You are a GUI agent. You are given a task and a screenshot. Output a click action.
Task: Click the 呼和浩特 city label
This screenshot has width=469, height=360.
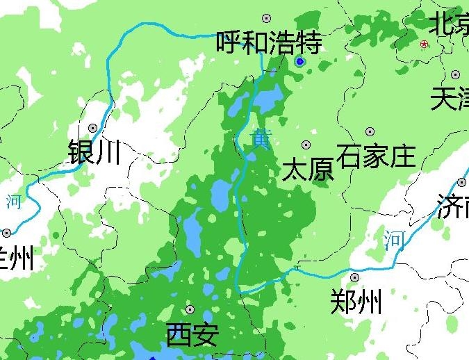pos(269,44)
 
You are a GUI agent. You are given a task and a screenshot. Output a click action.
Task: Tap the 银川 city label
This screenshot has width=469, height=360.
pos(94,151)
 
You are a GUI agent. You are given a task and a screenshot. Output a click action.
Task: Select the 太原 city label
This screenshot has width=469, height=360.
pos(308,169)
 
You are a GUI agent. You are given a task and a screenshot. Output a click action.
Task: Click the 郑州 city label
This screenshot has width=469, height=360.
pos(356,302)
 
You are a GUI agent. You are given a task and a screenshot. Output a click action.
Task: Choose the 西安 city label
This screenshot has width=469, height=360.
pos(192,335)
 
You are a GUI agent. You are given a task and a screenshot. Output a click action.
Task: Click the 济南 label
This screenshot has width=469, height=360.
pos(452,206)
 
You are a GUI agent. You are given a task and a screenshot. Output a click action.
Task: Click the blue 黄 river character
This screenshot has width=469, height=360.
pos(261,138)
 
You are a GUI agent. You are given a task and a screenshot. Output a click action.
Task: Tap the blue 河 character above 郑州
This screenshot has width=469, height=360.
pos(394,240)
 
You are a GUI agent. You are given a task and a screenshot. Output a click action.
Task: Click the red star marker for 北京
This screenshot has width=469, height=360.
pos(425,44)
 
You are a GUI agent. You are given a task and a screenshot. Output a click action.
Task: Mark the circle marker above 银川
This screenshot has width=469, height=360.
pos(93,128)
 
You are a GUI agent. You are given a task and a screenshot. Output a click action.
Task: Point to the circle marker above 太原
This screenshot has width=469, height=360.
pos(306,145)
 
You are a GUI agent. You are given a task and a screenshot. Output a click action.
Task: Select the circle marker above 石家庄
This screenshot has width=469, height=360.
pos(370,131)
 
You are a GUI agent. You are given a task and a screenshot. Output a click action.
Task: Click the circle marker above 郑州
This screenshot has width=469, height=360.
pos(354,277)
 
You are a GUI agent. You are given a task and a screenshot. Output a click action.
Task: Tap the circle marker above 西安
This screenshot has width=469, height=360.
pos(190,310)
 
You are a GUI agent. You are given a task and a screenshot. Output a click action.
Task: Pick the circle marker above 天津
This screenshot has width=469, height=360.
pos(456,74)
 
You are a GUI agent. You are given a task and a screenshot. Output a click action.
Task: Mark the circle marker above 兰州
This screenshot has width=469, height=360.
pos(7,233)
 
